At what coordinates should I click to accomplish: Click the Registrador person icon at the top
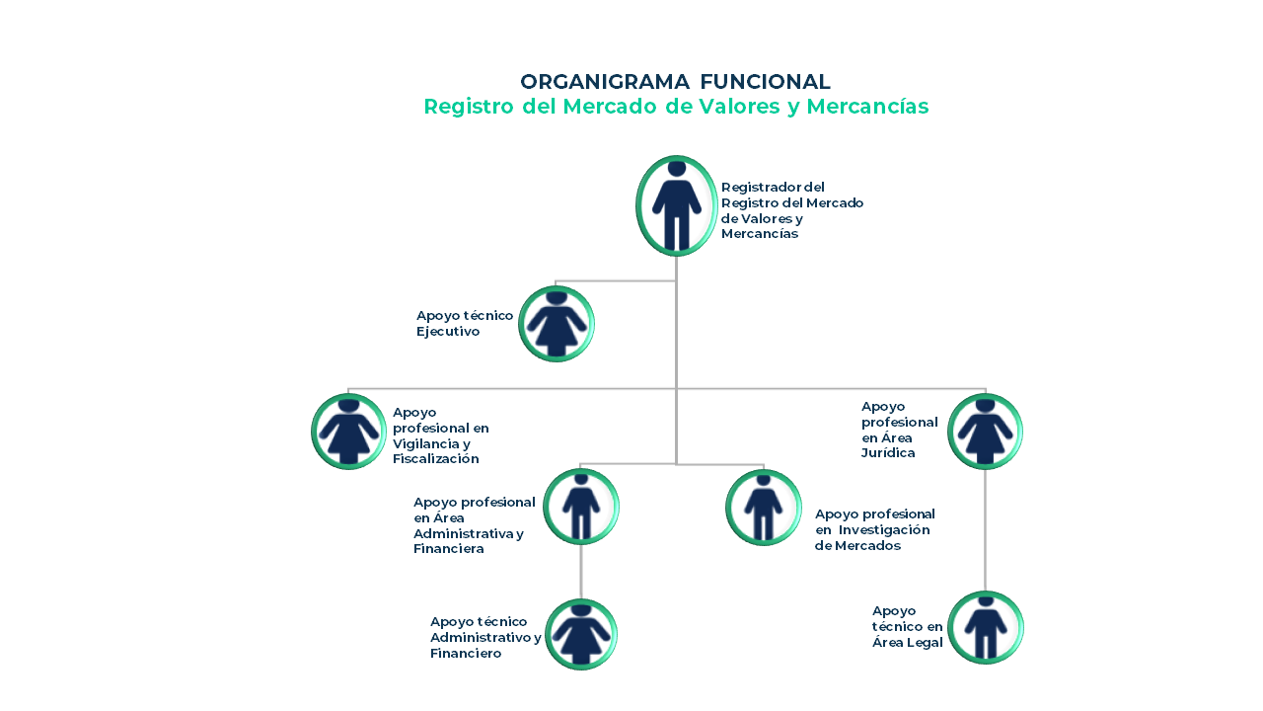point(676,205)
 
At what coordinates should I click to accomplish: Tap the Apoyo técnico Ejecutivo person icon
point(557,324)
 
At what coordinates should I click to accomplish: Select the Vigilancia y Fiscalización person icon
point(348,432)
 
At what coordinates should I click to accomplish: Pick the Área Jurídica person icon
point(985,432)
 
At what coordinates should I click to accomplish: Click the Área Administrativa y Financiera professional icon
point(581,507)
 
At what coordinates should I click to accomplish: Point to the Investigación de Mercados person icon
point(763,508)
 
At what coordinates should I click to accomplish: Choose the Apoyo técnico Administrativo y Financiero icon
point(581,634)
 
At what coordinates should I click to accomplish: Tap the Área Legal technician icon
point(985,628)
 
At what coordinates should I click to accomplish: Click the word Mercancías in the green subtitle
point(867,107)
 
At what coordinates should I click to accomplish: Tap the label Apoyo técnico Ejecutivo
point(464,324)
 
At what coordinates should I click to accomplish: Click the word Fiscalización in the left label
point(435,459)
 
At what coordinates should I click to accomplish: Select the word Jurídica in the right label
point(888,453)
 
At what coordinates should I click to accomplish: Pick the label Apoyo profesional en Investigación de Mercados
point(874,530)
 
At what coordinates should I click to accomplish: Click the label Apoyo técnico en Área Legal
point(908,627)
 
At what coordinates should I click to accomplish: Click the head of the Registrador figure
point(676,168)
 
